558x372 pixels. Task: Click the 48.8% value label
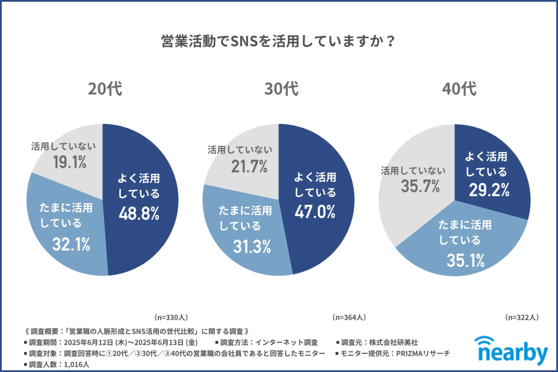click(139, 214)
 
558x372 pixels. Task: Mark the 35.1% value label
click(465, 260)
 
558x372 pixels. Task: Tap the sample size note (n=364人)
click(349, 317)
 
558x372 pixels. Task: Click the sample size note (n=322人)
click(522, 317)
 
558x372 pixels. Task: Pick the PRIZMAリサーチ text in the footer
click(429, 353)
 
